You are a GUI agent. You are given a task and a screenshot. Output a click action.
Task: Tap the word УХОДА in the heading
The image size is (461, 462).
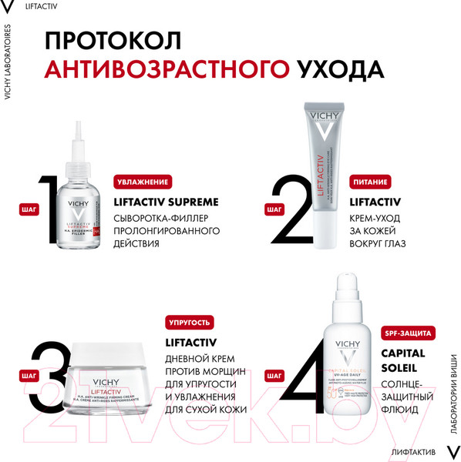pyautogui.click(x=339, y=69)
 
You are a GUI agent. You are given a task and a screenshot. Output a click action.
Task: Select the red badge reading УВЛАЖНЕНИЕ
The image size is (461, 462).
pyautogui.click(x=142, y=182)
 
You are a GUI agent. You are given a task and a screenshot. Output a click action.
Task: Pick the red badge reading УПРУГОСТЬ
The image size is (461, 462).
pyautogui.click(x=189, y=323)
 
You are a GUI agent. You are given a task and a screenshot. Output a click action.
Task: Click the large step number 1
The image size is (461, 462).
pyautogui.click(x=48, y=216)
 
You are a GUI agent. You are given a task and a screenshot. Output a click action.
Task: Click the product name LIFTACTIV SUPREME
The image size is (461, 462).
pyautogui.click(x=166, y=203)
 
